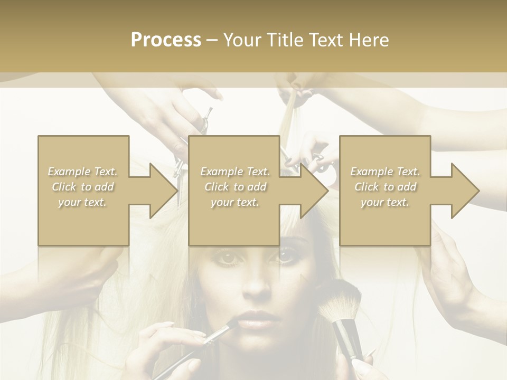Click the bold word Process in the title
click(x=166, y=40)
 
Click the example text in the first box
click(x=82, y=187)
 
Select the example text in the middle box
click(x=235, y=187)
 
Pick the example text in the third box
click(x=385, y=187)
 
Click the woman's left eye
click(x=284, y=257)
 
